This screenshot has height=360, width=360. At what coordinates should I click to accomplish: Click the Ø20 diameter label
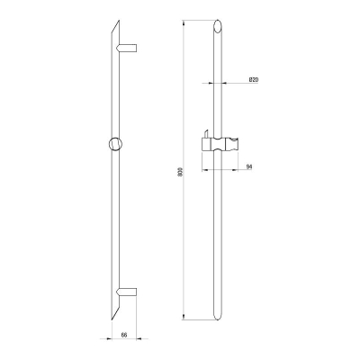[254, 79]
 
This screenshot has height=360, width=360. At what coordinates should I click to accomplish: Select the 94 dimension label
[249, 166]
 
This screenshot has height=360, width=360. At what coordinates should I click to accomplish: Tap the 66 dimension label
[124, 335]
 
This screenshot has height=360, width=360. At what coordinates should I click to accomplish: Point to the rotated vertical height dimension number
[180, 170]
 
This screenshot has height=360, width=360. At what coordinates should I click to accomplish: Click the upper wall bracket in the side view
[127, 49]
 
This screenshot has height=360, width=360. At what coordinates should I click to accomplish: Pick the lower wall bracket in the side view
[127, 291]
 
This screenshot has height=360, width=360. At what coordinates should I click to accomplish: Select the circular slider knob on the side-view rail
[115, 143]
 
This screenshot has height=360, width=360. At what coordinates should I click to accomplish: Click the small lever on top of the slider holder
[206, 134]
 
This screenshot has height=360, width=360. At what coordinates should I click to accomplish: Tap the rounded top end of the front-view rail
[218, 26]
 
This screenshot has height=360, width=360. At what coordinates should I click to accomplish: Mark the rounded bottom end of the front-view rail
[218, 316]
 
